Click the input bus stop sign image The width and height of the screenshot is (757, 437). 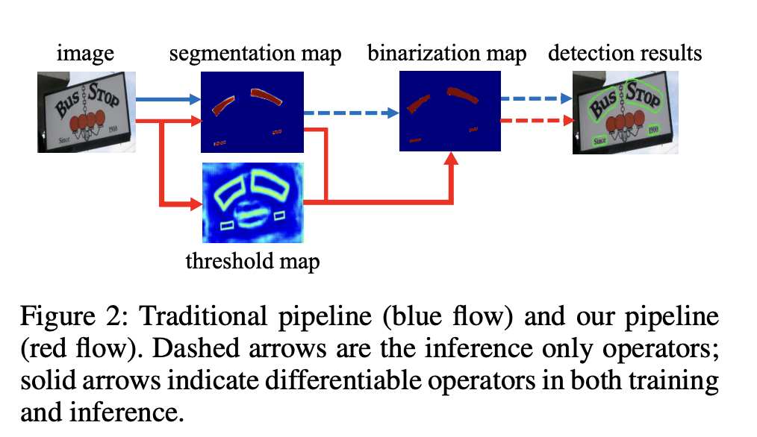point(86,111)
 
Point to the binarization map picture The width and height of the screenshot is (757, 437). point(449,110)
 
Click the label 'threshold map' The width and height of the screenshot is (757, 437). point(252,261)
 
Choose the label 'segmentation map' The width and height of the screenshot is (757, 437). point(255,54)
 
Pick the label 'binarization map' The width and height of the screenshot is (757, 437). point(447,54)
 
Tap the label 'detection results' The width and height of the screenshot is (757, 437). point(625,54)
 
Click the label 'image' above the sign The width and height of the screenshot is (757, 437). point(85,54)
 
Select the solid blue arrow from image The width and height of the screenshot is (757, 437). point(168,98)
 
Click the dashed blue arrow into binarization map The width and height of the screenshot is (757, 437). point(352,113)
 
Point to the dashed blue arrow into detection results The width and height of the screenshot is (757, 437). point(535,98)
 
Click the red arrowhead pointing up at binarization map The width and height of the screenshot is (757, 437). point(451,158)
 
